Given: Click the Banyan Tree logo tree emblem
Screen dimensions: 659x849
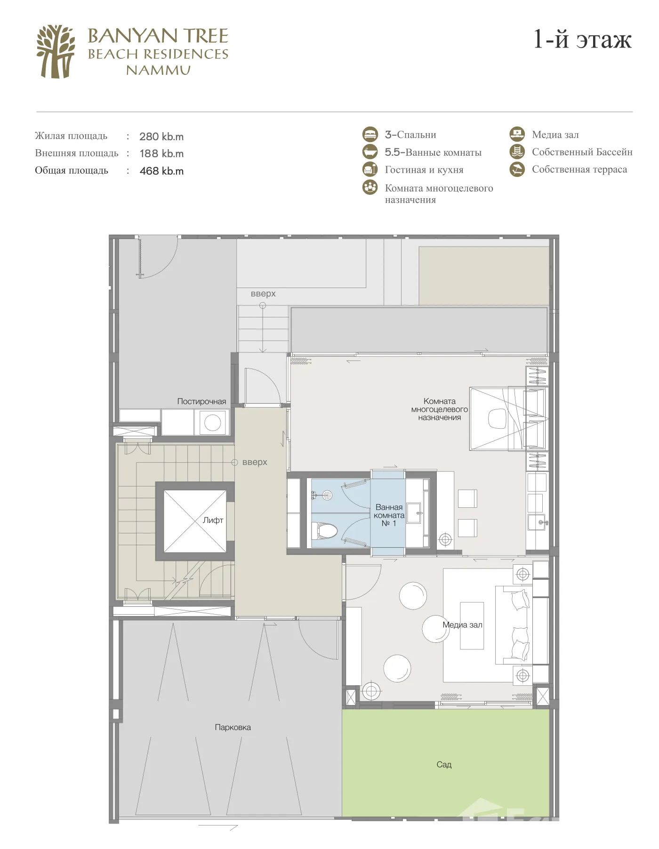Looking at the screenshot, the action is pyautogui.click(x=56, y=52).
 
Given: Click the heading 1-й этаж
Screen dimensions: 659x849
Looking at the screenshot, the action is pyautogui.click(x=582, y=39).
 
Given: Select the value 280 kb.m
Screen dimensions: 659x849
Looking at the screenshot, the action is pyautogui.click(x=161, y=136).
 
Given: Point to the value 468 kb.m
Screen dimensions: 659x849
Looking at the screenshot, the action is pyautogui.click(x=161, y=171).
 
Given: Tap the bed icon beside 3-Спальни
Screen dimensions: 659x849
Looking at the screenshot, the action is pyautogui.click(x=370, y=134).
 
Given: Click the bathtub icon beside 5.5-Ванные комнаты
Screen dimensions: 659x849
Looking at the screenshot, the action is pyautogui.click(x=370, y=152).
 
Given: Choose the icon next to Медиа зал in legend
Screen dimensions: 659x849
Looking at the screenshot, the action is pyautogui.click(x=517, y=134).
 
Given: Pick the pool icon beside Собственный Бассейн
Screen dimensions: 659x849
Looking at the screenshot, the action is pyautogui.click(x=517, y=152).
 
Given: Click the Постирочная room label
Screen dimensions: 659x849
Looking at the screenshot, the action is pyautogui.click(x=201, y=401).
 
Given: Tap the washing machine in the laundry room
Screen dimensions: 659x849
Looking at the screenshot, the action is pyautogui.click(x=212, y=423).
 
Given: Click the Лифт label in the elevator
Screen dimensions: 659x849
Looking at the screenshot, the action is pyautogui.click(x=213, y=520).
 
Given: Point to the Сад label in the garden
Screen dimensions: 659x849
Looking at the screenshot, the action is pyautogui.click(x=444, y=765).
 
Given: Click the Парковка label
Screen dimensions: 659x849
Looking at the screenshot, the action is pyautogui.click(x=233, y=727).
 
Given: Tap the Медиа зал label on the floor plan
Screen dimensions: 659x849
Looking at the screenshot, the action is pyautogui.click(x=462, y=625).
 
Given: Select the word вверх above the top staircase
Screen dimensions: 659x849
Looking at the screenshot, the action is pyautogui.click(x=263, y=294).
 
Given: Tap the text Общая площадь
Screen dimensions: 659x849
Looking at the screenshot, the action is pyautogui.click(x=72, y=170).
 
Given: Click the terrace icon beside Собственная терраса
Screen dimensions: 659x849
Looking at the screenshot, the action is pyautogui.click(x=517, y=169).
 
